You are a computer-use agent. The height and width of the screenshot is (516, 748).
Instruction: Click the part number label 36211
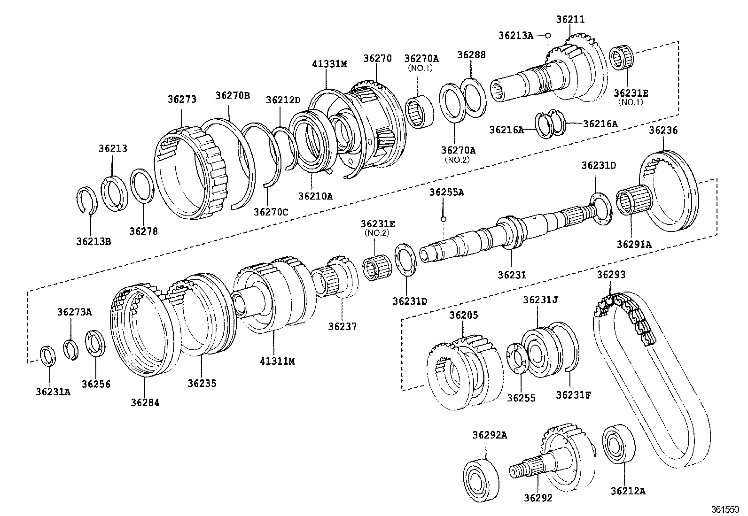click(x=570, y=19)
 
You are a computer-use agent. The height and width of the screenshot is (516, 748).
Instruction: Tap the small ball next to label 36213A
click(x=548, y=35)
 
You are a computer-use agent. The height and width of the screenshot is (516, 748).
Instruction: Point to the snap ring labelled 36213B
click(x=87, y=200)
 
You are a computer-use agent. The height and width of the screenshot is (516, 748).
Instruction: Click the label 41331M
click(x=329, y=64)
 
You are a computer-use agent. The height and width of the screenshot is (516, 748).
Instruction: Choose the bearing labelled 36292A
click(x=481, y=480)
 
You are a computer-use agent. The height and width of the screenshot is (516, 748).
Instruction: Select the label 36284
click(x=145, y=402)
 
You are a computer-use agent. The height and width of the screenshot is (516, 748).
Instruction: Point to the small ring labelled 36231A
click(x=48, y=356)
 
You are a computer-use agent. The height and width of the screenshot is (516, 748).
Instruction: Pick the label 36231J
click(x=540, y=300)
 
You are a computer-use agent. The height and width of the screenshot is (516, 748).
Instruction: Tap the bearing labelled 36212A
click(x=619, y=443)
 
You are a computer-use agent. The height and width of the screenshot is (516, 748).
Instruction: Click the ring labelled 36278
click(x=142, y=186)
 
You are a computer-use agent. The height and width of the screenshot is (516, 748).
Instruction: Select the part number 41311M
click(x=277, y=361)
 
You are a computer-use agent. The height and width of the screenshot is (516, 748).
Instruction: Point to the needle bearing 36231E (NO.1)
click(x=622, y=57)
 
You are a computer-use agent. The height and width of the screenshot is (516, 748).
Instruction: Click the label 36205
click(x=463, y=315)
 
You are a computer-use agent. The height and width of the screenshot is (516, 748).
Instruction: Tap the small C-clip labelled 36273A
click(x=71, y=349)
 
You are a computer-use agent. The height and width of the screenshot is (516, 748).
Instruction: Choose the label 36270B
click(x=233, y=95)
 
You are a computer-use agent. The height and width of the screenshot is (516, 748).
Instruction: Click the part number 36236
click(x=663, y=130)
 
